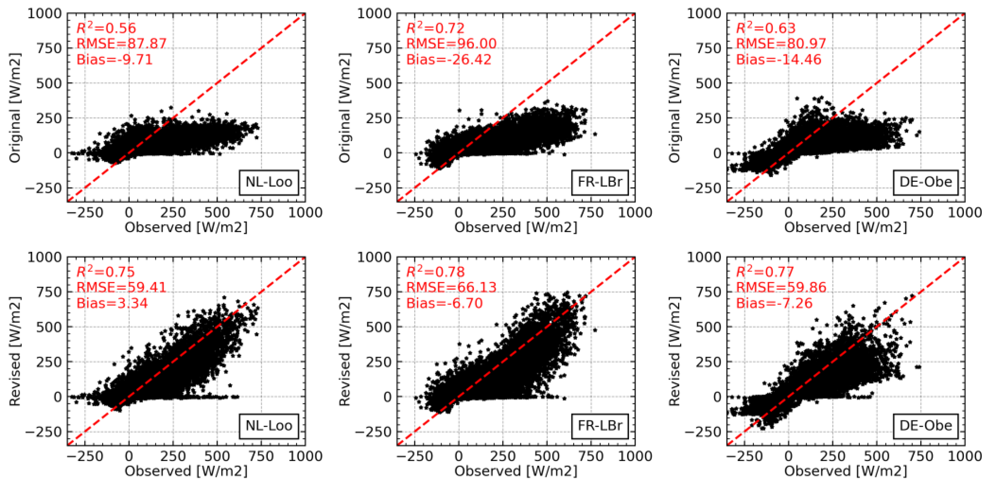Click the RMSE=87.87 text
pos(122,43)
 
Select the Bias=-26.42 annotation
pos(449,60)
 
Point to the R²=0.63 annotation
pos(765,28)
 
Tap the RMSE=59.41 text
pos(122,287)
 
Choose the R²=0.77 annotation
pos(764,272)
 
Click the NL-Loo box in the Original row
pos(269,182)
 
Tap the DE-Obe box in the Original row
pos(925,182)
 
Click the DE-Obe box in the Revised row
pos(925,426)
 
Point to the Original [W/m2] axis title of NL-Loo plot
pos(14,108)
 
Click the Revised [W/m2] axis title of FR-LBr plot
pos(344,351)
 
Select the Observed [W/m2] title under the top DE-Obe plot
pos(845,227)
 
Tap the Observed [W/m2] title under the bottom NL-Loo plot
pos(186,471)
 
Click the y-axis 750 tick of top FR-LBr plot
pos(378,49)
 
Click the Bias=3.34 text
pos(112,303)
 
